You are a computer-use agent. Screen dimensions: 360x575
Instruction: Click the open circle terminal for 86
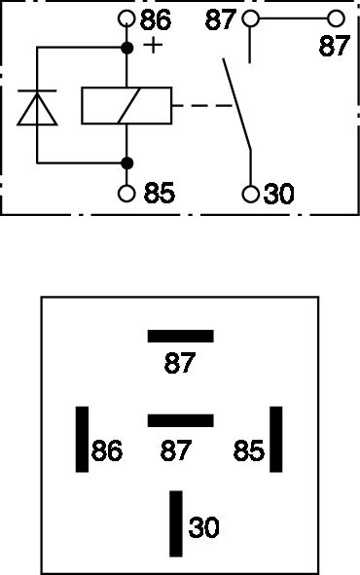point(126,18)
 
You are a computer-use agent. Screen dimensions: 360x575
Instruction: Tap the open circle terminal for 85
point(126,194)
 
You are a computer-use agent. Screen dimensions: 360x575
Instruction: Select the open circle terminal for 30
point(251,194)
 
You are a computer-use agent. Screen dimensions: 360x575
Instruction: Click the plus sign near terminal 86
point(153,45)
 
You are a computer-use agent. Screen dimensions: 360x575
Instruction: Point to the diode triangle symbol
point(37,108)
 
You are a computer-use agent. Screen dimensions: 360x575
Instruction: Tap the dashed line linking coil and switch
point(202,106)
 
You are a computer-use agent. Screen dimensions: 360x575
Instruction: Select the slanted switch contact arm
point(236,104)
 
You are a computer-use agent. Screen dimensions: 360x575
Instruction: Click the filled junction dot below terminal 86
point(126,48)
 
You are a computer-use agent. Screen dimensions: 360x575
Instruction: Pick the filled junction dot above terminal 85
point(126,162)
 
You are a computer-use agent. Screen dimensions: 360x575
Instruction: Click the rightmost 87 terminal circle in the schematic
point(336,18)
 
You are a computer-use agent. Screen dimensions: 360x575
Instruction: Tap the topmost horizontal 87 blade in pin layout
point(180,336)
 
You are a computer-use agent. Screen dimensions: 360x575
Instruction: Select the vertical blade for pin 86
point(82,439)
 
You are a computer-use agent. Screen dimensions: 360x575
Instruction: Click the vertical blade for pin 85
point(276,439)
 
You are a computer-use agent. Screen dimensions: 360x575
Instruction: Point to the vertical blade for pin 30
point(176,523)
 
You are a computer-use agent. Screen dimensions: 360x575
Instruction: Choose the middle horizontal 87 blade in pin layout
point(180,420)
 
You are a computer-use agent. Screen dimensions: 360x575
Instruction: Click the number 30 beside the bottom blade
point(203,527)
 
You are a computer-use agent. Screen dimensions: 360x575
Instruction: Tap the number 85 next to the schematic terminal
point(160,193)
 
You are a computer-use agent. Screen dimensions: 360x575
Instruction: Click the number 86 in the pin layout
point(107,450)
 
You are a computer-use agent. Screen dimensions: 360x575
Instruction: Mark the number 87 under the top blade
point(180,363)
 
